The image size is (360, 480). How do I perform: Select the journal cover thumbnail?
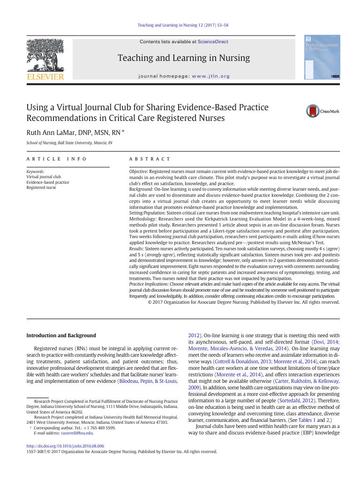pos(322,56)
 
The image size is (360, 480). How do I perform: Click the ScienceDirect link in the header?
pos(213,42)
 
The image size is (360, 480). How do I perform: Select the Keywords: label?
pos(36,172)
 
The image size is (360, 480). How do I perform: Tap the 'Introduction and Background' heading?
pos(61,335)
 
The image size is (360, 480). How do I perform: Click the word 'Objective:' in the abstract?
pos(138,172)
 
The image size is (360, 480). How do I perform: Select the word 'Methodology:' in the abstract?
pos(142,218)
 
